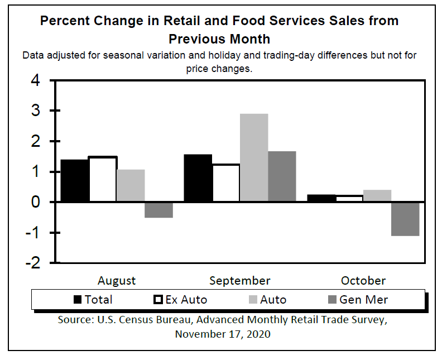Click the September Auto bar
click(x=253, y=158)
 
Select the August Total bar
click(x=74, y=181)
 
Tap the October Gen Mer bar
click(x=405, y=219)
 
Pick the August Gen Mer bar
click(x=158, y=210)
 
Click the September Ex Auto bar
click(x=225, y=183)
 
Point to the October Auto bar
click(x=377, y=196)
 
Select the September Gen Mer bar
click(x=282, y=176)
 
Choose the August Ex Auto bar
click(x=103, y=180)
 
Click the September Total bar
click(x=198, y=178)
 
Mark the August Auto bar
click(x=131, y=186)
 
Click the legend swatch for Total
click(x=78, y=300)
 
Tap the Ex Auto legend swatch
click(x=158, y=300)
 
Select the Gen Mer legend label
click(x=363, y=300)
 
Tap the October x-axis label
click(x=363, y=280)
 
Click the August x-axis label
click(x=117, y=280)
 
